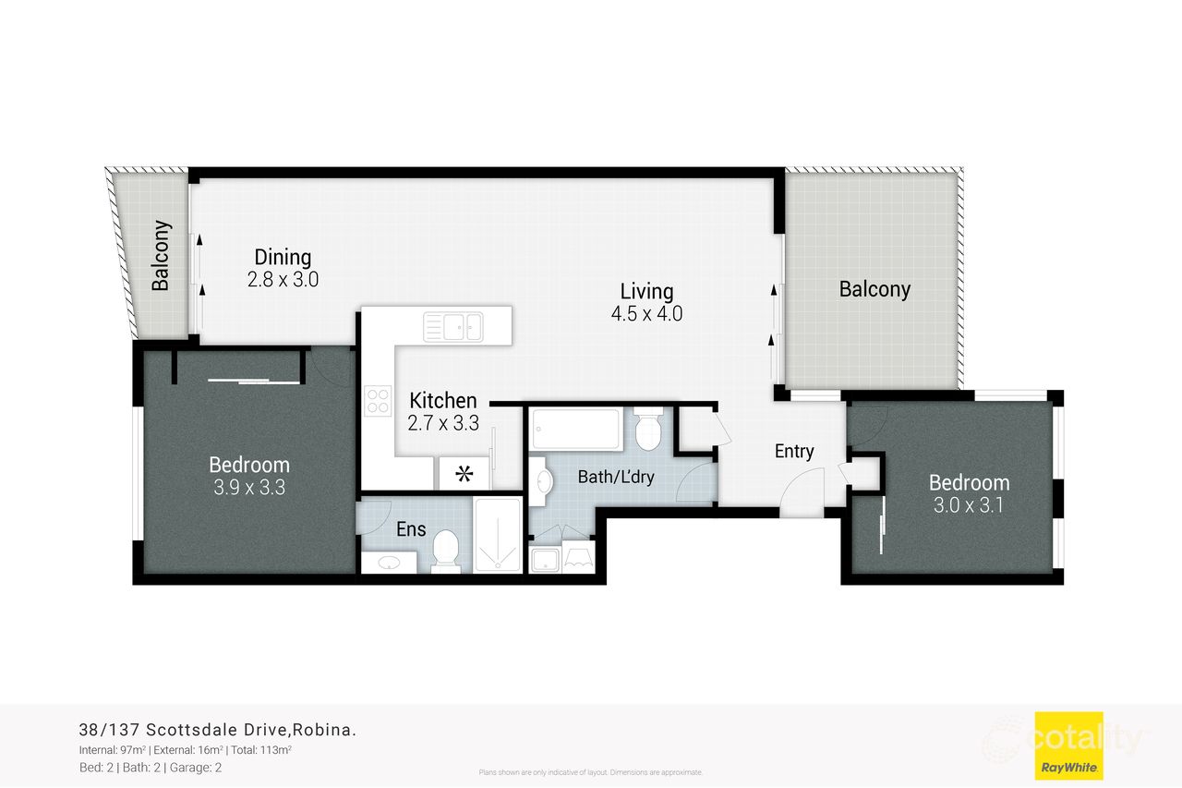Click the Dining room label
(283, 258)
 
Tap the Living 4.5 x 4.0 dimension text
(646, 314)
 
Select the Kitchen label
(443, 401)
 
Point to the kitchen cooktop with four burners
(379, 400)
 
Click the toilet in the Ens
(445, 550)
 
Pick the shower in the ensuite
(498, 537)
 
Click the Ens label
(410, 530)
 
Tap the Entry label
(794, 452)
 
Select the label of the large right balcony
(874, 289)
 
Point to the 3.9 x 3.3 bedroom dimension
(249, 488)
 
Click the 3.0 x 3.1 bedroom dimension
(969, 505)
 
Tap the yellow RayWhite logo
(1068, 745)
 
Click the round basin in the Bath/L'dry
(542, 480)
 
